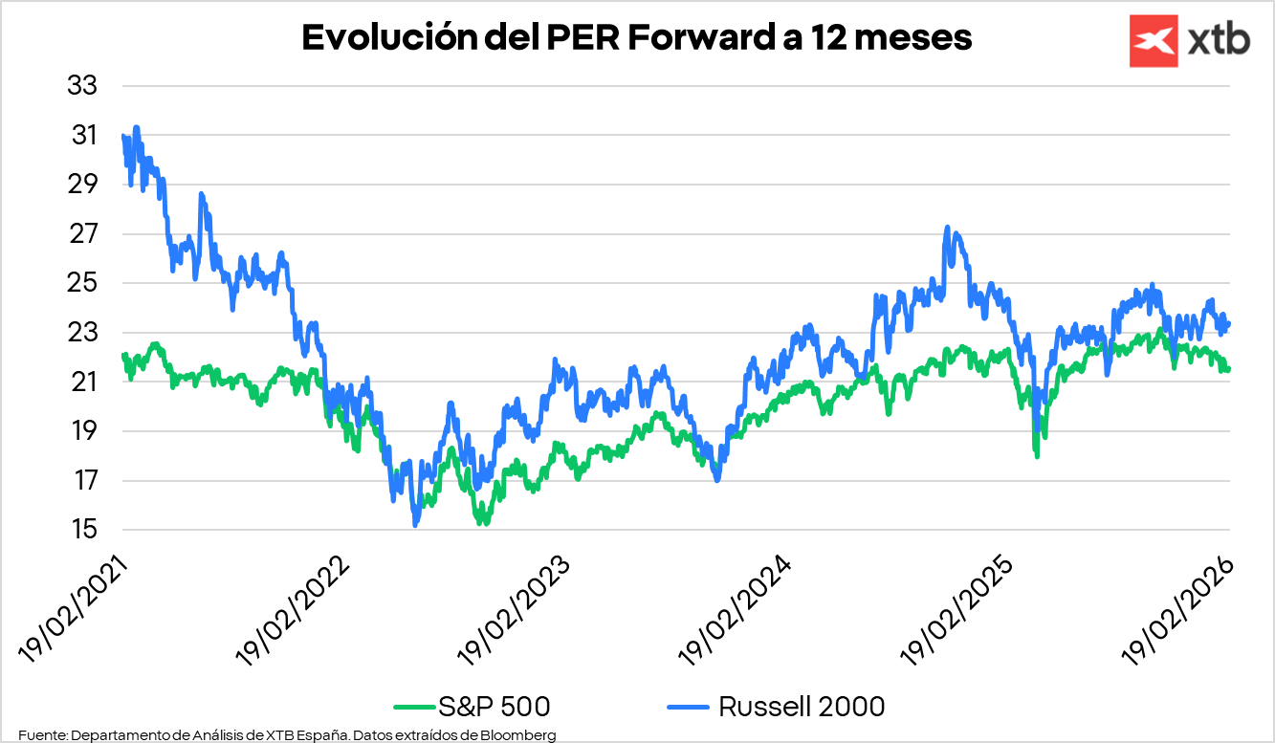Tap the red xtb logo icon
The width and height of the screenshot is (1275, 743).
(1154, 41)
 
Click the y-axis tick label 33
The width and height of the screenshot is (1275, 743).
(82, 86)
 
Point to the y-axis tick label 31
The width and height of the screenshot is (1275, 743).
(82, 136)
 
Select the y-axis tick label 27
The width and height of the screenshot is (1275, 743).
(82, 234)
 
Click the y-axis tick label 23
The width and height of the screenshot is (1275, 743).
(82, 333)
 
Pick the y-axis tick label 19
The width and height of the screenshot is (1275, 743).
(82, 431)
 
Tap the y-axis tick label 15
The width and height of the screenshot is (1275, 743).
(82, 530)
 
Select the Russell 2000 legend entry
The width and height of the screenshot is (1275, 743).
(775, 707)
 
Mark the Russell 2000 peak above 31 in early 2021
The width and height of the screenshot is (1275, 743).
(137, 127)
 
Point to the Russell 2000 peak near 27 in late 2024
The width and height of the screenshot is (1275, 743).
(947, 228)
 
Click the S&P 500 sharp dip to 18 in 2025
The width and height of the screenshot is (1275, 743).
(1036, 455)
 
